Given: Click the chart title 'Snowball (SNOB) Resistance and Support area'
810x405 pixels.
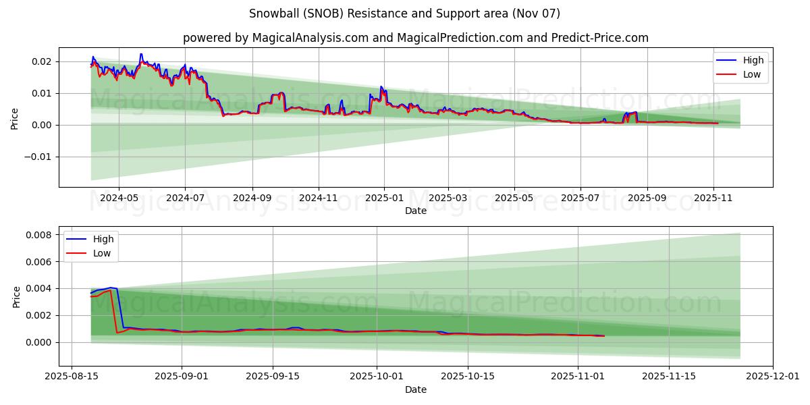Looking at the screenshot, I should pos(404,13).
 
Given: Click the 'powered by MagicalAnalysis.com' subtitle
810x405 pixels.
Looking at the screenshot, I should pos(415,38).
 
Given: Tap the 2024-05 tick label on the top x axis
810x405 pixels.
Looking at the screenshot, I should pos(119,198).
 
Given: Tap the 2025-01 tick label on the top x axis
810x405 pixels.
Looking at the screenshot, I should pos(384,198).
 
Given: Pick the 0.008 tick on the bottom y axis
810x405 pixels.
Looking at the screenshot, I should pos(39,235).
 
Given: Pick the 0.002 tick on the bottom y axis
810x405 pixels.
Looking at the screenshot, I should pos(39,315).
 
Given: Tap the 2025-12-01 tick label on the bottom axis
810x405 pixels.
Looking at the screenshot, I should pos(773,376).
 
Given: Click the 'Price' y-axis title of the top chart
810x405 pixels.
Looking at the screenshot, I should pos(15,117).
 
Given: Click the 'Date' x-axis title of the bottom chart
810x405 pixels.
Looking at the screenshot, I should pos(415,389).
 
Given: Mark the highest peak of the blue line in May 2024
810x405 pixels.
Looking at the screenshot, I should pos(141,54).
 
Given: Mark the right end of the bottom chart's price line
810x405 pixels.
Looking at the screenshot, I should pos(604,336).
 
